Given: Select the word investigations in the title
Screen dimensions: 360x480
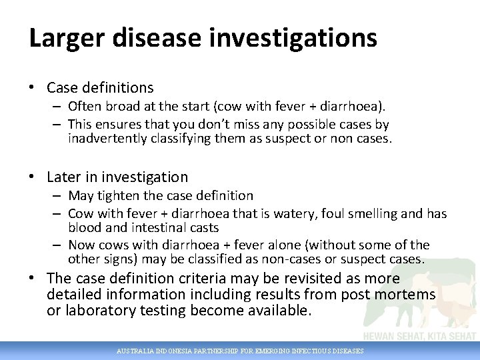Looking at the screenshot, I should pyautogui.click(x=293, y=38).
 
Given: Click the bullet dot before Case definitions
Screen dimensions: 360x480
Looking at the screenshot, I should pyautogui.click(x=33, y=87).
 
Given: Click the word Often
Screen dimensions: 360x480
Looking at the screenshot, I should pyautogui.click(x=84, y=107).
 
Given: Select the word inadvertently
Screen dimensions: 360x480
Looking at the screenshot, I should pyautogui.click(x=108, y=138).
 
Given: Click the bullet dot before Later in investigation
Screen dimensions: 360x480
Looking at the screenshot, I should pyautogui.click(x=33, y=177).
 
